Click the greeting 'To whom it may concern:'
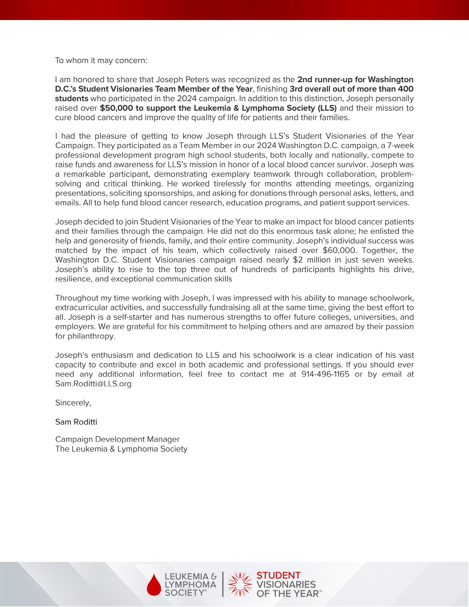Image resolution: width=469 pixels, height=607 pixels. click(x=101, y=61)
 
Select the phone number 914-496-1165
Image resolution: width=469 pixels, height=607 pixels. click(x=325, y=374)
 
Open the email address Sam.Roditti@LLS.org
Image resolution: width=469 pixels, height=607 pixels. click(x=93, y=384)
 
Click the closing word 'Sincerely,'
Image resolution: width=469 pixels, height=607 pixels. click(x=73, y=403)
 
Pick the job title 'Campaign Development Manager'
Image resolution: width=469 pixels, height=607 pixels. click(x=117, y=439)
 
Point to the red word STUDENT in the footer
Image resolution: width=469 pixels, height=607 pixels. click(x=278, y=575)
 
